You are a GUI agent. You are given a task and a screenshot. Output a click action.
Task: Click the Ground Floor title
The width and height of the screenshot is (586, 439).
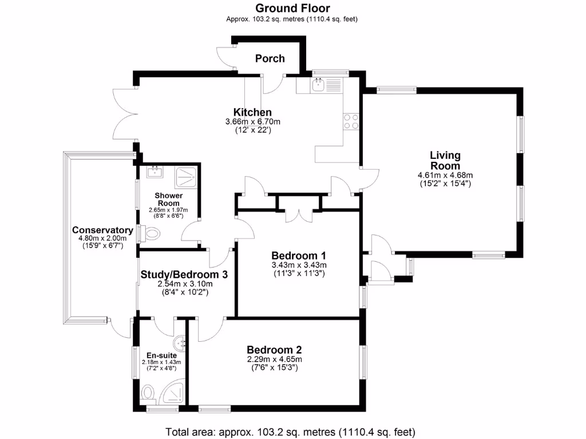(x=292, y=8)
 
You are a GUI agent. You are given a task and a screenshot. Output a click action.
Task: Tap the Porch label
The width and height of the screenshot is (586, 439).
(x=270, y=58)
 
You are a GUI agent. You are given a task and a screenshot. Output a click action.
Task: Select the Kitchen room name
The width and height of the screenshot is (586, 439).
(x=252, y=112)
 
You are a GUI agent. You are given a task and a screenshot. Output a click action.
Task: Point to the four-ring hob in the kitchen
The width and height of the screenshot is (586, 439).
(x=350, y=121)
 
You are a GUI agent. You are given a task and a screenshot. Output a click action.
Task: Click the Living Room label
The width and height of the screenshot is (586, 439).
(x=445, y=160)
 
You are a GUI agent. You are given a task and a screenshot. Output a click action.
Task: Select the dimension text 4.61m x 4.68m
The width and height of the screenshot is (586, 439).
(x=445, y=175)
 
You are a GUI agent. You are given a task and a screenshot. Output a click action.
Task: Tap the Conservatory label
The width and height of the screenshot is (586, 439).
(x=102, y=230)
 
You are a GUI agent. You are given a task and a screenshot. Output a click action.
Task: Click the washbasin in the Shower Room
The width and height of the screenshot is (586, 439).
(x=155, y=171)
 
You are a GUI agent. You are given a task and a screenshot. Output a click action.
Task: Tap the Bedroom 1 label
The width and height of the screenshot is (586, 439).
(x=298, y=255)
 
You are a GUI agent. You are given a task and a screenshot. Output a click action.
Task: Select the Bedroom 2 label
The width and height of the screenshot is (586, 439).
(x=274, y=350)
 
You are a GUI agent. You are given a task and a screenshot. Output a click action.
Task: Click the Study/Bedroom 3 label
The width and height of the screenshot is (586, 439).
(x=184, y=274)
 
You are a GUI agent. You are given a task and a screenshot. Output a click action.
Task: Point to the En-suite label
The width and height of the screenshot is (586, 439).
(x=158, y=355)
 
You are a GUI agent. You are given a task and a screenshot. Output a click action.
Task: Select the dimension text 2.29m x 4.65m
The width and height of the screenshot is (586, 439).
(x=274, y=359)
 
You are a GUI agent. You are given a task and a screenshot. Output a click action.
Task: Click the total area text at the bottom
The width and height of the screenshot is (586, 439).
(x=290, y=432)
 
